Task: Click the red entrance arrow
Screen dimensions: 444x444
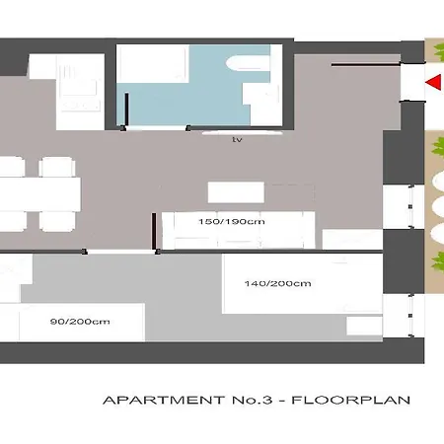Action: [x=432, y=84]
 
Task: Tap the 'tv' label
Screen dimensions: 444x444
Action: [x=237, y=140]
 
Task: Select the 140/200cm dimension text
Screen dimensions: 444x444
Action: [x=278, y=283]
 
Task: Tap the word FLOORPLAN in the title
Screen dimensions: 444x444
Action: [x=355, y=401]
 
